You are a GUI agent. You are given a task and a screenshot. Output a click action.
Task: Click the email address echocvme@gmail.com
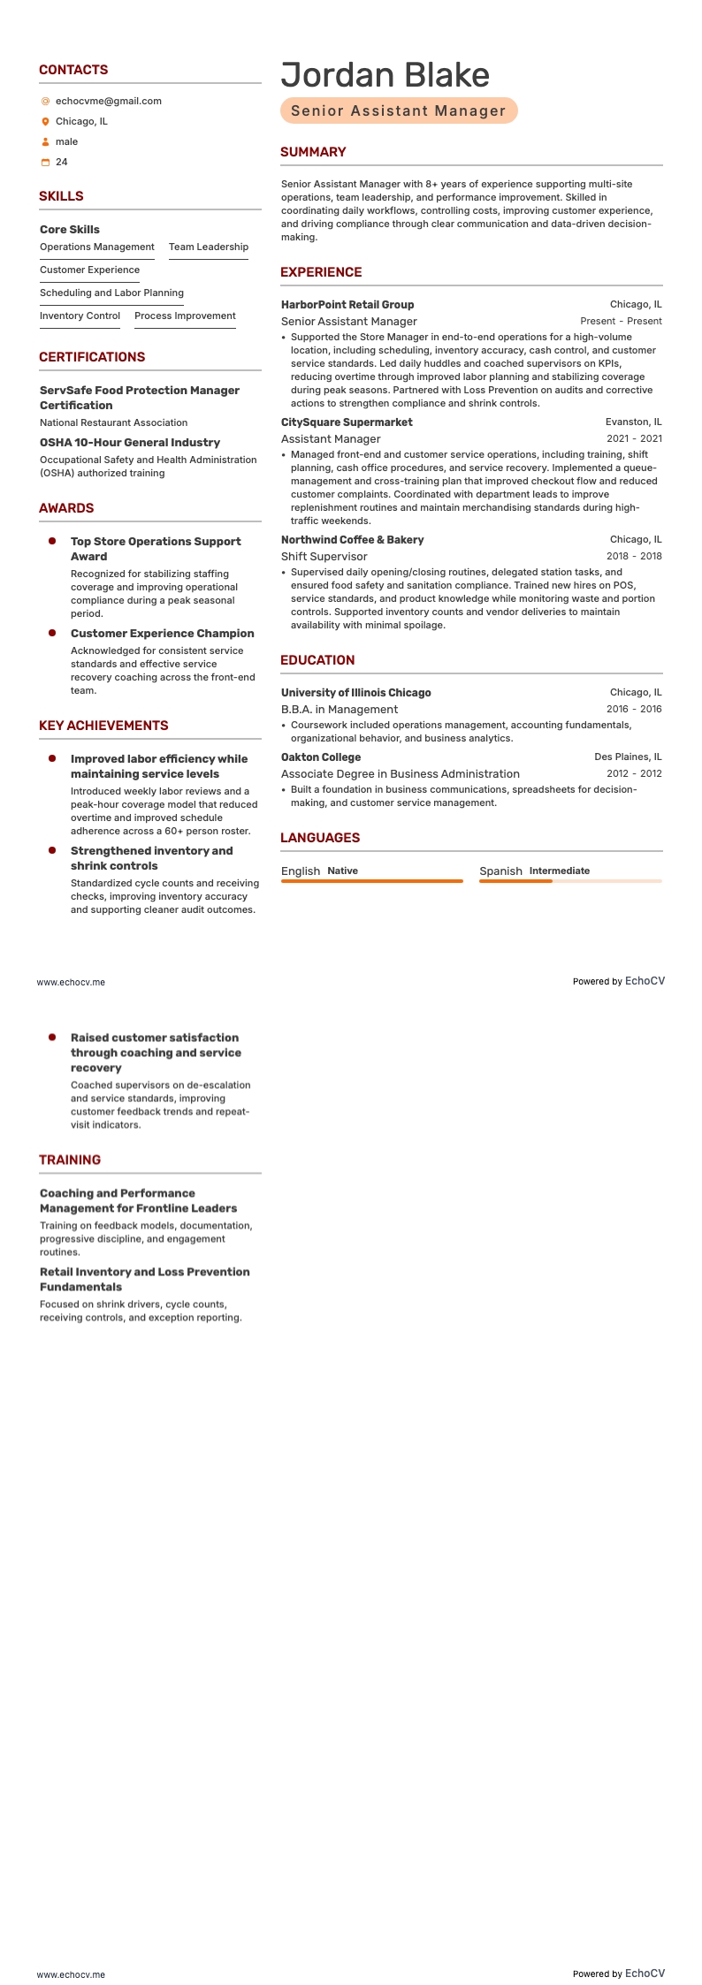pos(108,101)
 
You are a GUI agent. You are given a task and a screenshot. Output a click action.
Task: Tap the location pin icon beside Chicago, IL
pos(45,122)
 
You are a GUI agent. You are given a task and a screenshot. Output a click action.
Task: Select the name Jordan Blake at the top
pos(385,75)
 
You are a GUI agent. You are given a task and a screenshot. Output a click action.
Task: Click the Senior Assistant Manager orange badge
pos(398,110)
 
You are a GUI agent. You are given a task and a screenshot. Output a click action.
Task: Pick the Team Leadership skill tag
pos(208,247)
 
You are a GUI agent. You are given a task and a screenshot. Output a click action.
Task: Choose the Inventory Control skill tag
pos(80,316)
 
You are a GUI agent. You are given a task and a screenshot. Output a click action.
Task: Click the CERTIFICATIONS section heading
pos(92,357)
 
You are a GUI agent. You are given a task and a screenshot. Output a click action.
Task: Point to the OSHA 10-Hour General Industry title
pos(130,443)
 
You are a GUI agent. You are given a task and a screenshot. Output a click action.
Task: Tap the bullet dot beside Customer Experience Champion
pos(52,633)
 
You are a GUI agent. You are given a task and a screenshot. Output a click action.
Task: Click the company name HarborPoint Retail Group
pos(347,305)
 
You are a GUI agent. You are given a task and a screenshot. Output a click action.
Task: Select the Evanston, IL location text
pos(633,422)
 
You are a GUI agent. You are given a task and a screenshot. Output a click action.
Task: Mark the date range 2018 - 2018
pos(633,557)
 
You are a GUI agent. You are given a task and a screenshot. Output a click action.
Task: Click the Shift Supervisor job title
pos(324,557)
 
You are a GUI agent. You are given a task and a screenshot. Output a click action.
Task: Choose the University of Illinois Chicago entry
pos(356,693)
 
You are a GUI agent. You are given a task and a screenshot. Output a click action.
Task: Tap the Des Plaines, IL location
pos(628,757)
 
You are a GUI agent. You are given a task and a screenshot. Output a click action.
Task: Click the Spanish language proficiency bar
pos(570,881)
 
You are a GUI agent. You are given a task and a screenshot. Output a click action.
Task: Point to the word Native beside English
pos(342,871)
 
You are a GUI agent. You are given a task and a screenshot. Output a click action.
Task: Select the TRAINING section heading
pos(70,1160)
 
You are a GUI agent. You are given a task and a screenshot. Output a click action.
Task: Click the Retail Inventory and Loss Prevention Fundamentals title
pos(144,1280)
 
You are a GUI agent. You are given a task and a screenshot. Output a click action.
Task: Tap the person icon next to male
pos(45,142)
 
